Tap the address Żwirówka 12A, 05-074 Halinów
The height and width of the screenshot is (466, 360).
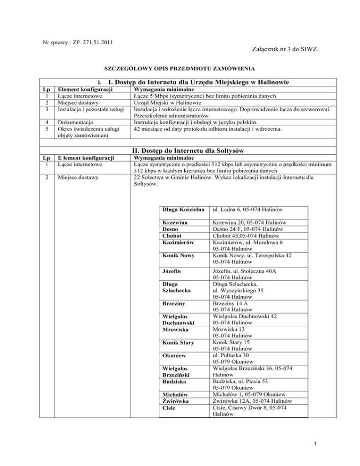(253, 401)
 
